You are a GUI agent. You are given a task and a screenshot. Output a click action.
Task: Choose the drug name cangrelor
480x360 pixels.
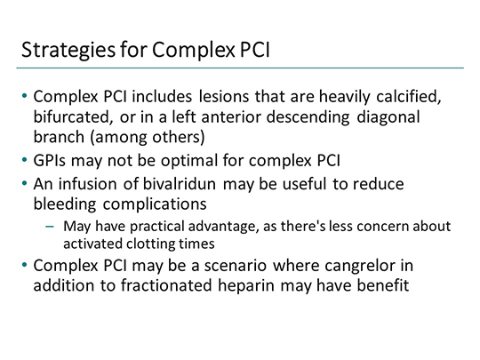[371, 267]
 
